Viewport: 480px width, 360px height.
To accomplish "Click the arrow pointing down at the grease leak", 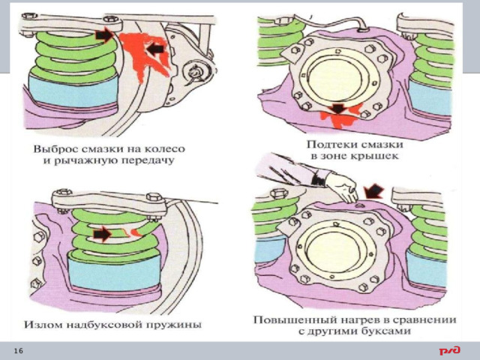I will (339, 110).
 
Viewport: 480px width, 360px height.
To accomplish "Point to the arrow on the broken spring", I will (103, 234).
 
